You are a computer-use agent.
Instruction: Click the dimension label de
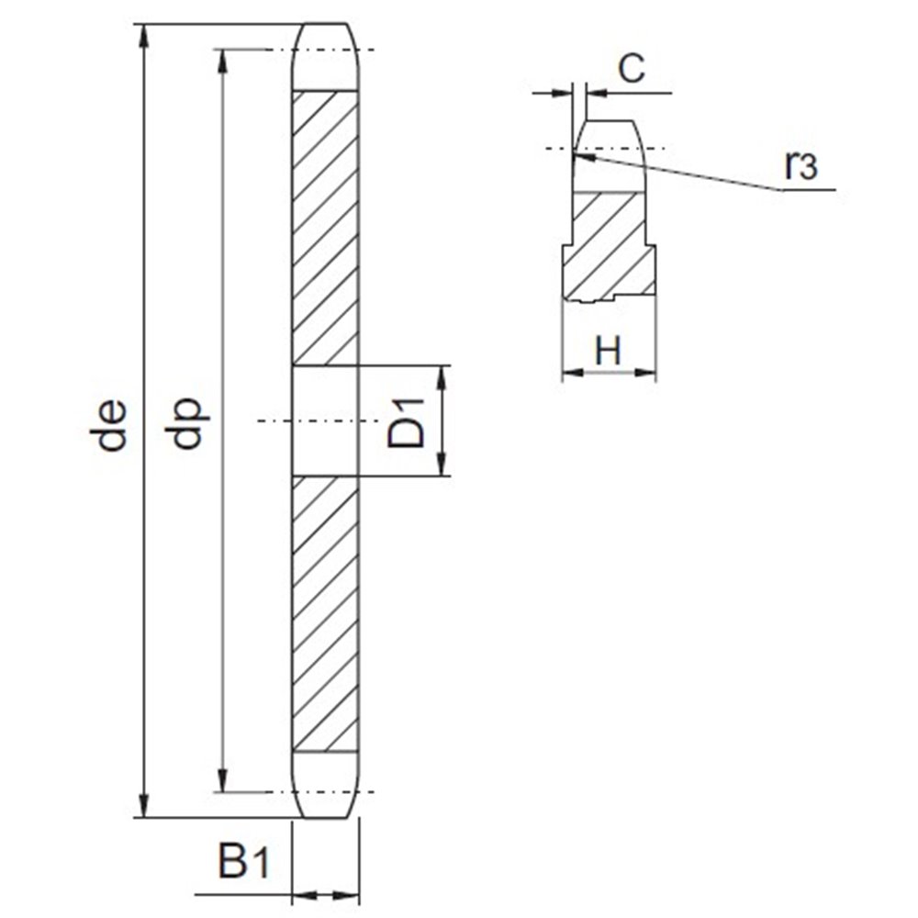click(x=112, y=425)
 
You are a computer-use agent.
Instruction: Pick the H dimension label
click(x=609, y=351)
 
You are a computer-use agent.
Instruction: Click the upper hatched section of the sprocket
click(x=326, y=225)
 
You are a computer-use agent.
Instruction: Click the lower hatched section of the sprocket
click(x=326, y=615)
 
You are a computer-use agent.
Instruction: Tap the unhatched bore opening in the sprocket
click(x=326, y=420)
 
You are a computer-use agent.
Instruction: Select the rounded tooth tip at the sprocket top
click(x=326, y=55)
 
